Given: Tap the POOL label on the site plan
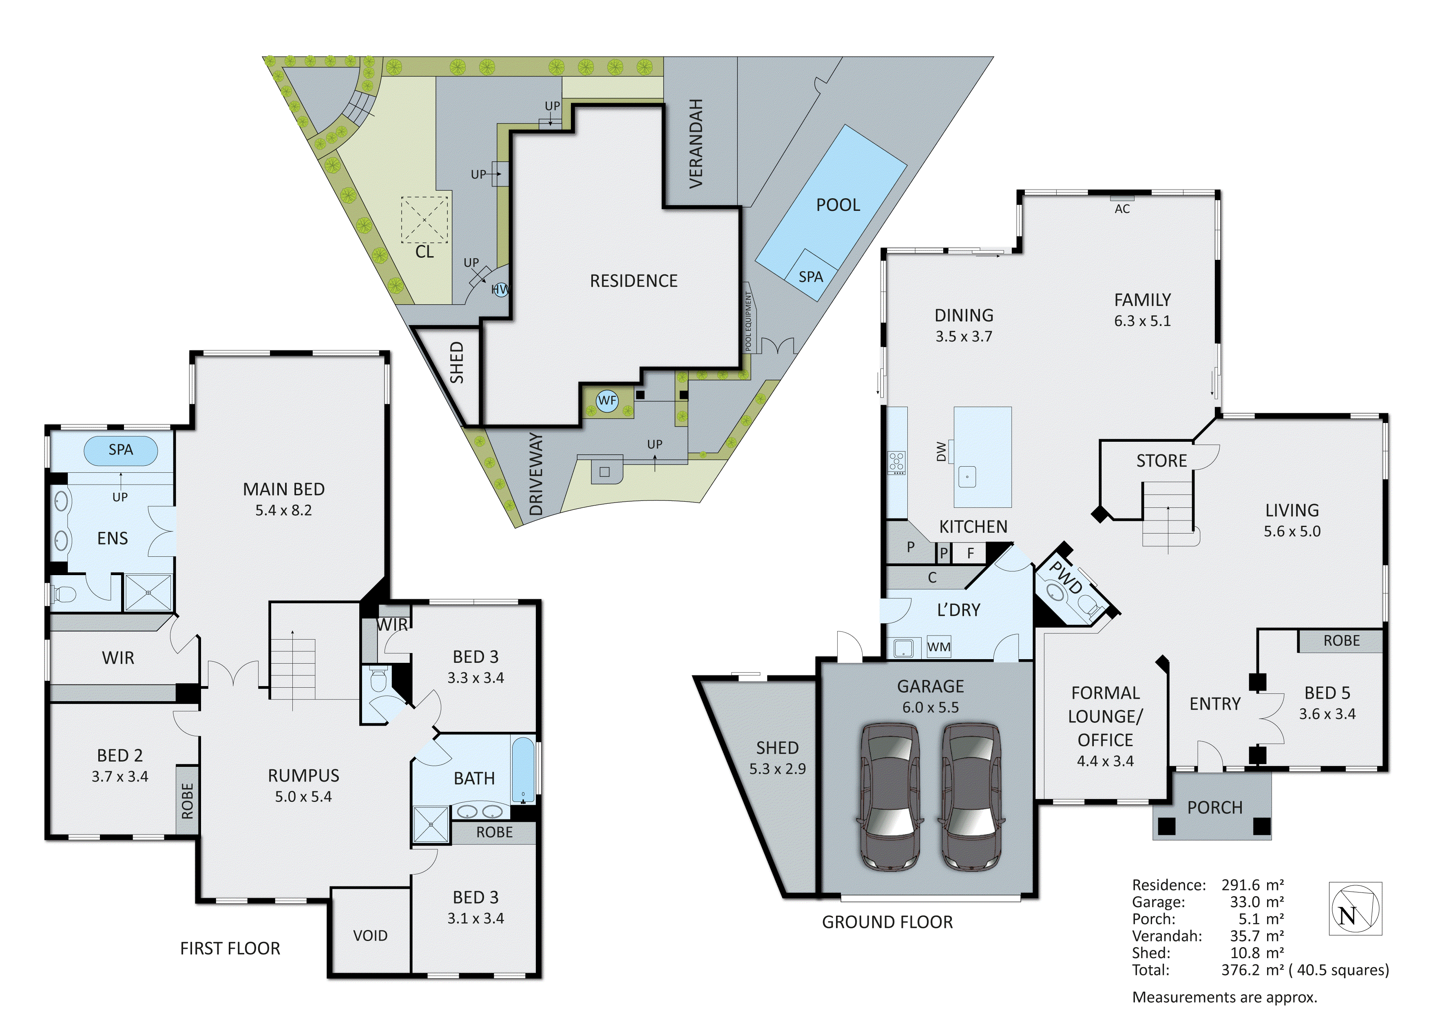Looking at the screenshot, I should click(x=838, y=205).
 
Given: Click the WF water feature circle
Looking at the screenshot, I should click(x=607, y=401).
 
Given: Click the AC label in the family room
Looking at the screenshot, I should click(x=1122, y=209).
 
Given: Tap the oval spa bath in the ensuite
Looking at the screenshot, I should click(x=120, y=450).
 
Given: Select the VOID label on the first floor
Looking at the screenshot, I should click(x=370, y=935).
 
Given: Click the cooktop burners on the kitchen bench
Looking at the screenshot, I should click(x=896, y=462).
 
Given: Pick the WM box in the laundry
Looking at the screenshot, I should click(x=939, y=647).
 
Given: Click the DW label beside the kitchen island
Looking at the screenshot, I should click(x=941, y=452).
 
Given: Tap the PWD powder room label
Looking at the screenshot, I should click(x=1065, y=577).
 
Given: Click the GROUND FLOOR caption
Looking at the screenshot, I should click(x=887, y=922).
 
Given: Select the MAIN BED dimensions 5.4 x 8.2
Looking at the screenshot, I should click(x=283, y=510).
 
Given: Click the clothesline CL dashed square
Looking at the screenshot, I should click(x=425, y=219).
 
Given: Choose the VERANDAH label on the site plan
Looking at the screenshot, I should click(x=696, y=144).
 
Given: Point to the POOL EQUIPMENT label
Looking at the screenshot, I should click(x=749, y=321).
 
